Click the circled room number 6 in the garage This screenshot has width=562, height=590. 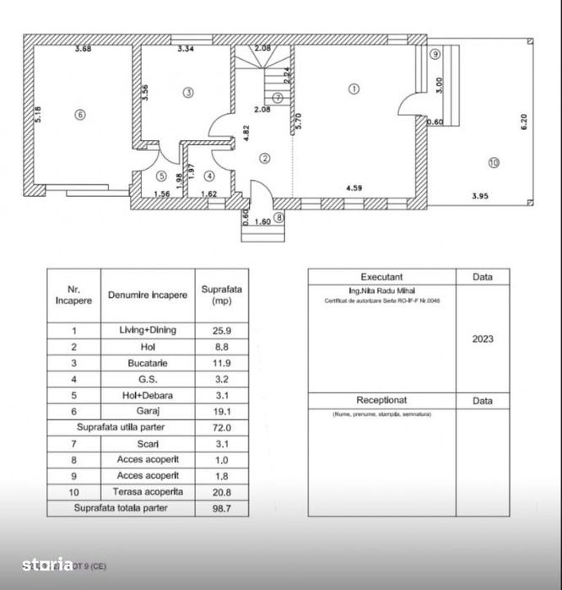coord(79,116)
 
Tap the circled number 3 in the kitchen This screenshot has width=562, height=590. coord(188,92)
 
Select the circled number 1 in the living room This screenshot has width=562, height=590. coord(354,88)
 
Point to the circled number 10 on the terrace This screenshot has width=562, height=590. coord(494,163)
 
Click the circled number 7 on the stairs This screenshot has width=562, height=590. coord(277,97)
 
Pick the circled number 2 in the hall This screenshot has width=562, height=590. coord(264,158)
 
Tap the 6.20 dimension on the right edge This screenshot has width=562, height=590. coord(523,122)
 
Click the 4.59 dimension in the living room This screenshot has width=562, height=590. coord(354,189)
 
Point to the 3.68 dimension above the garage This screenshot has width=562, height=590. coord(83,49)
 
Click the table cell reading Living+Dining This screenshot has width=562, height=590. coord(148,330)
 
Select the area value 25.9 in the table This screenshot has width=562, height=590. coord(222,330)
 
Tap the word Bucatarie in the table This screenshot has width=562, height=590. coord(148,361)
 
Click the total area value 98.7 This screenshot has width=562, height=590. coord(222,508)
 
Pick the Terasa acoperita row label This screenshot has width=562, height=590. coord(148,492)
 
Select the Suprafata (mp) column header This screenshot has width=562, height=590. coord(222,295)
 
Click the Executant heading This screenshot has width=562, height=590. coord(381,277)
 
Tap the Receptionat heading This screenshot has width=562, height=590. coord(381,400)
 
